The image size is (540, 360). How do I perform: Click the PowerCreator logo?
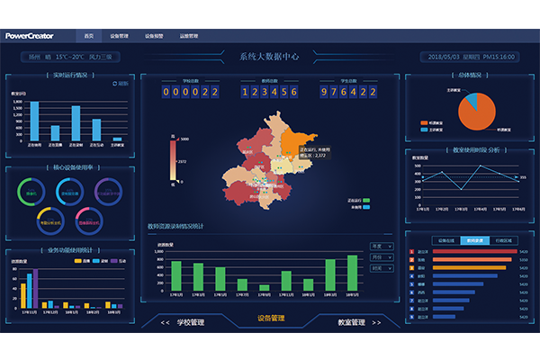click(x=35, y=36)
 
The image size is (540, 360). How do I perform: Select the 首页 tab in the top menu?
click(x=89, y=36)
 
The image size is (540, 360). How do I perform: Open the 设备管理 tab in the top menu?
click(x=120, y=36)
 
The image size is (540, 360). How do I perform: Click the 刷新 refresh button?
click(x=121, y=84)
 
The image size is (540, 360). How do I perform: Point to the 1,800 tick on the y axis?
click(x=18, y=102)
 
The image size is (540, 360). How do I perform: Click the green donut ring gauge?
click(x=31, y=192)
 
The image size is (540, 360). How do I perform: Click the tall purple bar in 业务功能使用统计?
click(x=35, y=292)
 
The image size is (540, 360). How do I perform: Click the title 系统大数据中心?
click(x=270, y=57)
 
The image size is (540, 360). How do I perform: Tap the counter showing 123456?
click(x=269, y=91)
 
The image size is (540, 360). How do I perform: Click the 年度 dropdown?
click(x=381, y=245)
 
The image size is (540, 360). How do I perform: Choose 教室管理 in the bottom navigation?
click(x=351, y=321)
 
